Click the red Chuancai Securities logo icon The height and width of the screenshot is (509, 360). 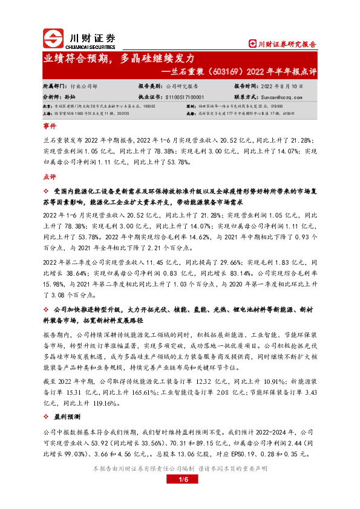coord(53,39)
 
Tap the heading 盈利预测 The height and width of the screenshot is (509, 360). coord(67,417)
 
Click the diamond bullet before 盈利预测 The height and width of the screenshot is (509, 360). coord(47,417)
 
